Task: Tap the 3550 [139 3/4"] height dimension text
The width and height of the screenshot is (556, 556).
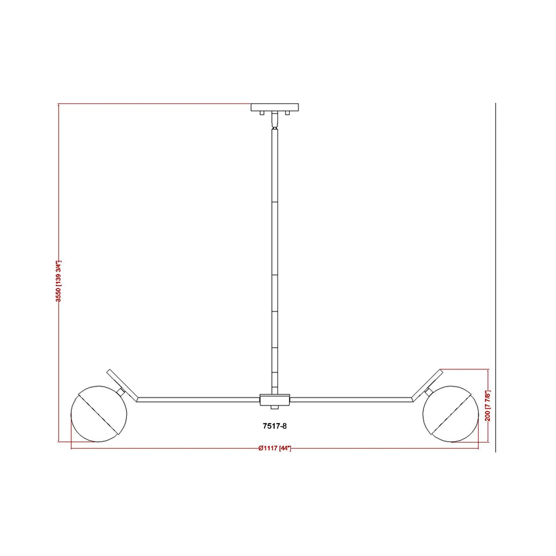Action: point(59,281)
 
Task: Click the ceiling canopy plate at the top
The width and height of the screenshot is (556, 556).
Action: point(275,107)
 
